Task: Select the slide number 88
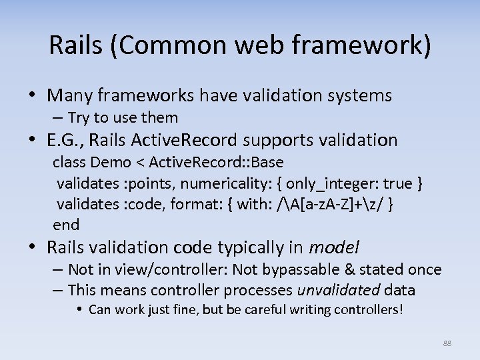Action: point(447,343)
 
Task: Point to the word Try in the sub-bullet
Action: point(79,118)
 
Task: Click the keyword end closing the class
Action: point(66,225)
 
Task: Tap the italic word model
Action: point(334,248)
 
